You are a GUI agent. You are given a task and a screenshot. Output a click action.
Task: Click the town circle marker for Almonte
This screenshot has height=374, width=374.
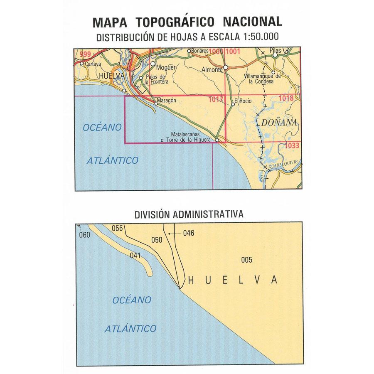point(226,67)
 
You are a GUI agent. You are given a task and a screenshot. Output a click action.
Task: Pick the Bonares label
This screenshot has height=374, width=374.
point(200,51)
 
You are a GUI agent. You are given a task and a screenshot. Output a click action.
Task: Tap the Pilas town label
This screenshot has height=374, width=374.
point(276,50)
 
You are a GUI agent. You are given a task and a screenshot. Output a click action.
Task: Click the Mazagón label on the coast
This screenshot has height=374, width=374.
point(167,101)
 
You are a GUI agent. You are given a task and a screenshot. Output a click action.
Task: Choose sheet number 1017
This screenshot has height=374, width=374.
point(216,99)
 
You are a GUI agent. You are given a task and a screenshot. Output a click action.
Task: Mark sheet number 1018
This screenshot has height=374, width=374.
point(287,98)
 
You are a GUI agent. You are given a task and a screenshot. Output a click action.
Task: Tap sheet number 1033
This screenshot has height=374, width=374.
point(293,146)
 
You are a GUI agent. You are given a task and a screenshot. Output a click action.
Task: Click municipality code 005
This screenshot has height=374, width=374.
point(246,260)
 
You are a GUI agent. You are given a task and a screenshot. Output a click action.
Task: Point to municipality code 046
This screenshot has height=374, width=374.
point(188,233)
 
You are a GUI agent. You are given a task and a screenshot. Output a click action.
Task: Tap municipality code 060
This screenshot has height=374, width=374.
point(84,235)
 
